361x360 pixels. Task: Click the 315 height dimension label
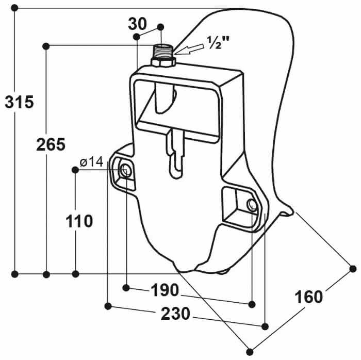pyautogui.click(x=19, y=102)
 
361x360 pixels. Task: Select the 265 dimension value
pyautogui.click(x=51, y=145)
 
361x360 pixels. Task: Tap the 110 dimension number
pyautogui.click(x=79, y=221)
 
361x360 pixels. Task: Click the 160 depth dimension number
pyautogui.click(x=308, y=297)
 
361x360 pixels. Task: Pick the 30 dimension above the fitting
pyautogui.click(x=138, y=23)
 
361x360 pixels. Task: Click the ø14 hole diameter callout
pyautogui.click(x=92, y=162)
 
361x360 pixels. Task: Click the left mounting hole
pyautogui.click(x=125, y=169)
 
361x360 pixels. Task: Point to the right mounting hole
pyautogui.click(x=252, y=205)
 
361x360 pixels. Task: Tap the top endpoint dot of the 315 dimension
pyautogui.click(x=15, y=8)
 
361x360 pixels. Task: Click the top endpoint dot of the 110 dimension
pyautogui.click(x=76, y=170)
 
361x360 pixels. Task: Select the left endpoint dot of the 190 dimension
pyautogui.click(x=127, y=287)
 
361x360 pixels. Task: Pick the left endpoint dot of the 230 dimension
pyautogui.click(x=108, y=306)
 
